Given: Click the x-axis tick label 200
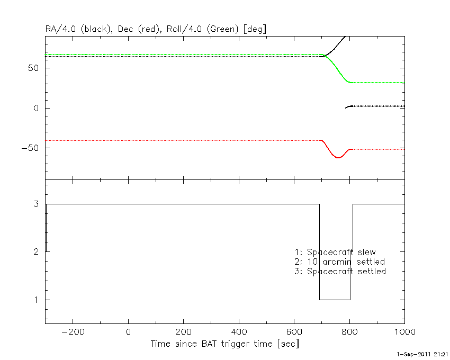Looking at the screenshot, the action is (x=183, y=332).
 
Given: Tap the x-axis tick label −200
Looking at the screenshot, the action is (x=73, y=332).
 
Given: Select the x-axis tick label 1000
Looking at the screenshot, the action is (x=405, y=332).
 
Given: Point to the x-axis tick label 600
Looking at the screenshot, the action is (x=294, y=332).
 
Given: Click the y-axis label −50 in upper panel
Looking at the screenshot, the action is (x=30, y=148).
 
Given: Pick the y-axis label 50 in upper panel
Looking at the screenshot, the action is (x=33, y=68).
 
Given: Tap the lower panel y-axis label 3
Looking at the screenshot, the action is (x=36, y=204).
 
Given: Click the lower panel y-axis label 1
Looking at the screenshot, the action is (x=36, y=300).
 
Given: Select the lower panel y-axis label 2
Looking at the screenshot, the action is (x=36, y=252).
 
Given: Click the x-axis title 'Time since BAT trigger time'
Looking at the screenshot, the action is (x=212, y=344).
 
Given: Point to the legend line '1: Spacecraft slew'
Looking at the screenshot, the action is (x=335, y=252).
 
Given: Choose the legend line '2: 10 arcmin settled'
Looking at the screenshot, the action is (x=339, y=262).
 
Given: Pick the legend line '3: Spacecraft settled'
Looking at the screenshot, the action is (x=340, y=271).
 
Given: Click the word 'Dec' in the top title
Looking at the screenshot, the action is (x=125, y=29).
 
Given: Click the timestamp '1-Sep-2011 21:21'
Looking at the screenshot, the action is (x=422, y=355).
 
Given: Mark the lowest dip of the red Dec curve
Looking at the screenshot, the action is (x=338, y=158).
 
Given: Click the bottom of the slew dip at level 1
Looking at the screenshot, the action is (x=335, y=300).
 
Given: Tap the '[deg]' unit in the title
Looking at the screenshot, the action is (x=255, y=29).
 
